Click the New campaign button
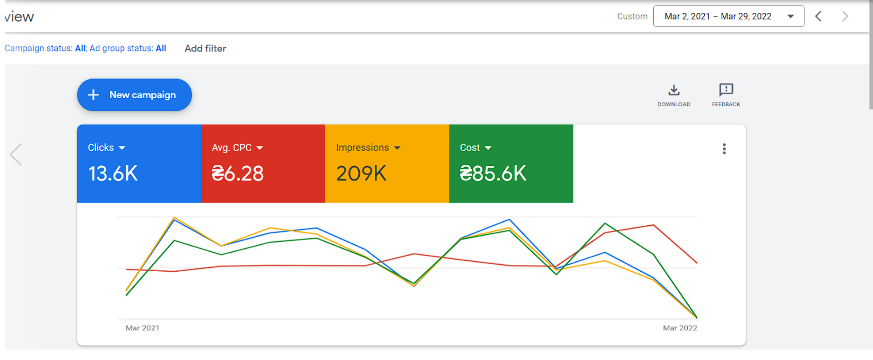[134, 95]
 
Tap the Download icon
[674, 90]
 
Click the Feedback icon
[726, 90]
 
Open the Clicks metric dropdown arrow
[122, 148]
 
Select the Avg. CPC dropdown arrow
[259, 148]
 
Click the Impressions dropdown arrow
[397, 148]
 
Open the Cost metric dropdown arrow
[488, 148]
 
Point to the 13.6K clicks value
[113, 173]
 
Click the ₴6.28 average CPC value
[238, 173]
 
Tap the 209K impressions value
[361, 173]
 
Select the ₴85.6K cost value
[493, 173]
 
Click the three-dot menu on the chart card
[724, 149]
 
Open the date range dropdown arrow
[790, 17]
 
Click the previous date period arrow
[818, 17]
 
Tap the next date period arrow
[846, 17]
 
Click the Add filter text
[205, 48]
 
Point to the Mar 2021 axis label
[143, 328]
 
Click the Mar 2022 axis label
[680, 328]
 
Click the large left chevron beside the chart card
[16, 154]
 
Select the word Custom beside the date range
[632, 17]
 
